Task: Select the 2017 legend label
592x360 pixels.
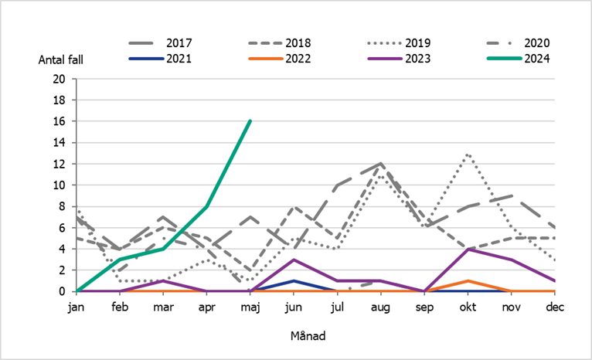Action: point(180,42)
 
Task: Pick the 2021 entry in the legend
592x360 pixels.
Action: point(179,58)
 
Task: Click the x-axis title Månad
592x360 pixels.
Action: point(308,338)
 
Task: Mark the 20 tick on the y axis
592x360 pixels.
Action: point(60,79)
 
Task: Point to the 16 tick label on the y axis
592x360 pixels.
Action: point(60,121)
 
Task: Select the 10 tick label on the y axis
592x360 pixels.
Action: point(60,185)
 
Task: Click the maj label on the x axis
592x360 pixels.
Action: point(250,307)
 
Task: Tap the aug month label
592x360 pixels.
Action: point(380,307)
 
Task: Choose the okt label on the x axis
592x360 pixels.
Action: point(467,307)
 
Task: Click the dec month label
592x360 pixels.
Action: point(553,307)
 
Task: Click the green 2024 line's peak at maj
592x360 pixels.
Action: point(250,121)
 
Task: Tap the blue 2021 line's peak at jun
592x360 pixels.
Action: point(294,280)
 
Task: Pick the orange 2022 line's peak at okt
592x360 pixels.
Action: point(467,280)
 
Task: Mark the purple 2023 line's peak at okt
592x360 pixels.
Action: point(467,249)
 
